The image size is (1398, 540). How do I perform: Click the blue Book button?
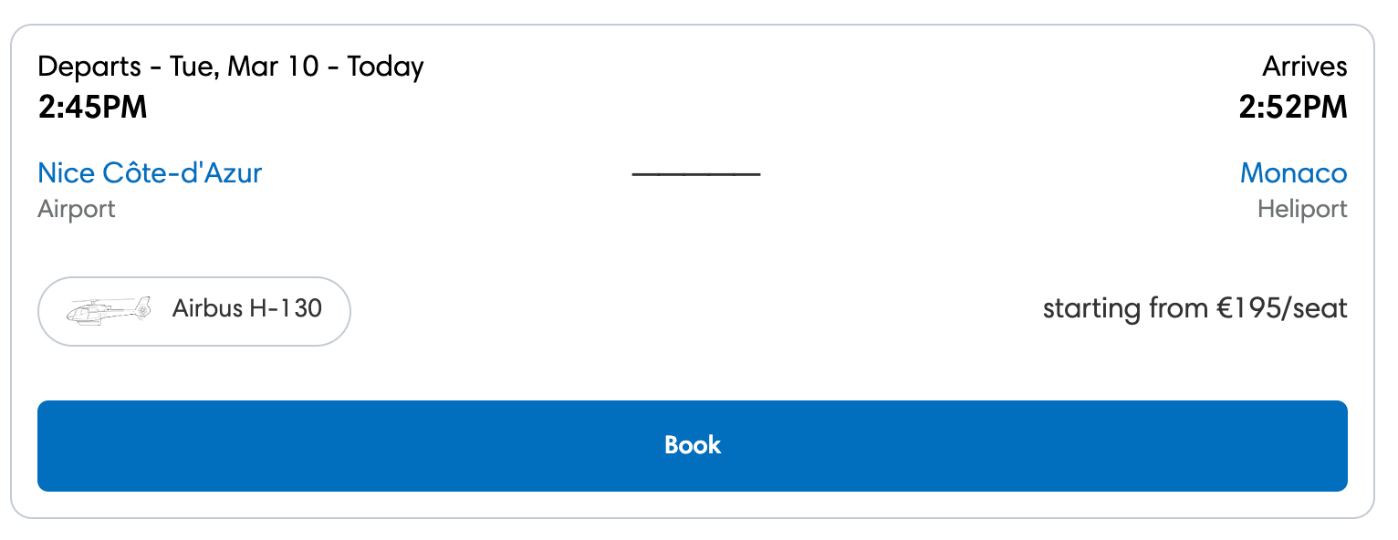[692, 445]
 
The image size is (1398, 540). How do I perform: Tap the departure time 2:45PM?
[92, 108]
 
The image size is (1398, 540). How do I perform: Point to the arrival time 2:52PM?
[1292, 108]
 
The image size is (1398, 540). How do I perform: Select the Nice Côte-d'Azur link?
[150, 172]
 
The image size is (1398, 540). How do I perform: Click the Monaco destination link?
[1293, 172]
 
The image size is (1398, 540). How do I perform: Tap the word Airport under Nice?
[77, 209]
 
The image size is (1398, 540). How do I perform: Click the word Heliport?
[1302, 209]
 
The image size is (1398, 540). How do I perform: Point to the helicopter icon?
[109, 310]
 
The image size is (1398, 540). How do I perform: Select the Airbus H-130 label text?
[246, 308]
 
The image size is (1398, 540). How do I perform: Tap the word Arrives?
[1304, 67]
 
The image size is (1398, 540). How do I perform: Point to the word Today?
[385, 67]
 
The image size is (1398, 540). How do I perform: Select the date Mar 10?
[273, 67]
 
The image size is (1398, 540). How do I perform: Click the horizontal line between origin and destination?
[695, 173]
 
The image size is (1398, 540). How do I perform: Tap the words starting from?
[1125, 308]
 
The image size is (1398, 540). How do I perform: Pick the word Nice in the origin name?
[66, 172]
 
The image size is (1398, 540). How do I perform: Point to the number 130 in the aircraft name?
[302, 308]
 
